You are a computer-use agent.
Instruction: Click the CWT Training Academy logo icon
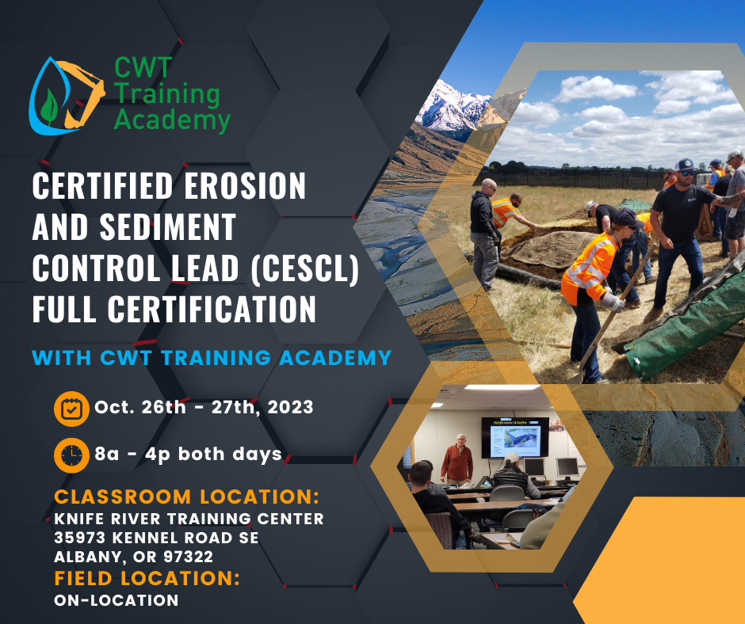[x=67, y=96]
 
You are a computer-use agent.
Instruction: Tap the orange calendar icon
[x=71, y=409]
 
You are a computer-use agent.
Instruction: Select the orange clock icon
[x=71, y=455]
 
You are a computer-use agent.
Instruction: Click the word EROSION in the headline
[x=245, y=185]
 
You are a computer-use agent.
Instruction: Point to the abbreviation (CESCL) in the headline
[x=304, y=268]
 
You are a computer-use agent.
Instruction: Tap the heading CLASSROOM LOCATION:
[x=187, y=497]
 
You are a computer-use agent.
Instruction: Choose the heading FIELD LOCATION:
[x=147, y=578]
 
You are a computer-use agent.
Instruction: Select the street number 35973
[x=80, y=538]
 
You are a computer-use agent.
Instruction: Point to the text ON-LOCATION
[x=117, y=600]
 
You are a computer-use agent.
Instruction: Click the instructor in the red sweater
[x=457, y=460]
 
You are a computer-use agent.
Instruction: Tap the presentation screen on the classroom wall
[x=515, y=438]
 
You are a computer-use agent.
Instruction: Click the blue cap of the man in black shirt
[x=685, y=164]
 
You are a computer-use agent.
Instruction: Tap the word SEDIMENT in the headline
[x=168, y=227]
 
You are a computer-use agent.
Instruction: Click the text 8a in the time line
[x=107, y=455]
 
